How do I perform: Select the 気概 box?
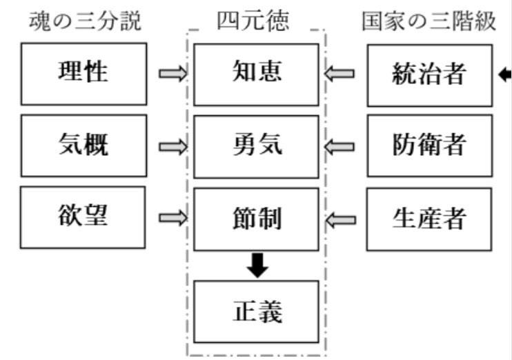tap(83, 145)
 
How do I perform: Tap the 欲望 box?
tap(83, 217)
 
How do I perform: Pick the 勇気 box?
tap(257, 146)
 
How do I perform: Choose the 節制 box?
tap(257, 219)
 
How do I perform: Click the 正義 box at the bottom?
tap(257, 311)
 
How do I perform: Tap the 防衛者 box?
tap(429, 146)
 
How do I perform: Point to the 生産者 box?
tap(429, 219)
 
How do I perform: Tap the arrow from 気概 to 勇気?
tap(172, 146)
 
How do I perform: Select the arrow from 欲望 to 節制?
tap(172, 218)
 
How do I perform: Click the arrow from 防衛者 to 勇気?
tap(340, 146)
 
